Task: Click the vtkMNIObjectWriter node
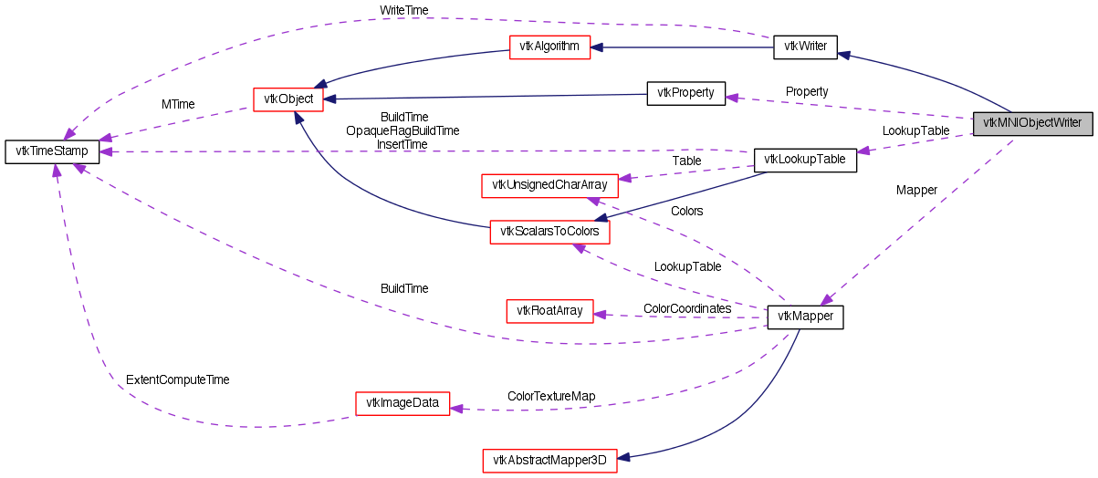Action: pyautogui.click(x=1032, y=122)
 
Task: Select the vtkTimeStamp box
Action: pyautogui.click(x=51, y=151)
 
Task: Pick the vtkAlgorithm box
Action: pyautogui.click(x=549, y=47)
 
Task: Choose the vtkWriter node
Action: pyautogui.click(x=805, y=47)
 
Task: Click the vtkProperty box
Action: pyautogui.click(x=685, y=92)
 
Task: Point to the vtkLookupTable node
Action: pyautogui.click(x=804, y=160)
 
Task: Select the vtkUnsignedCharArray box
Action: pyautogui.click(x=549, y=185)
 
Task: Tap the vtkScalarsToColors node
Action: pyautogui.click(x=549, y=232)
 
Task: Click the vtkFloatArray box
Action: pyautogui.click(x=549, y=310)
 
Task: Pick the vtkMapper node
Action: pyautogui.click(x=804, y=317)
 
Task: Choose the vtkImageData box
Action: pyautogui.click(x=402, y=402)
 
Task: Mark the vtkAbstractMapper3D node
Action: pyautogui.click(x=549, y=461)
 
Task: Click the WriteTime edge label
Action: pyautogui.click(x=403, y=10)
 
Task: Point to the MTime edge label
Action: pyautogui.click(x=178, y=104)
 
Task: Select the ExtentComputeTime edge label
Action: pyautogui.click(x=177, y=379)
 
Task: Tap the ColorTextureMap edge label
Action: pyautogui.click(x=551, y=396)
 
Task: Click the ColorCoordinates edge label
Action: pyautogui.click(x=687, y=308)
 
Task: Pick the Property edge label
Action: pyautogui.click(x=807, y=91)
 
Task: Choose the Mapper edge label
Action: pyautogui.click(x=916, y=190)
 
